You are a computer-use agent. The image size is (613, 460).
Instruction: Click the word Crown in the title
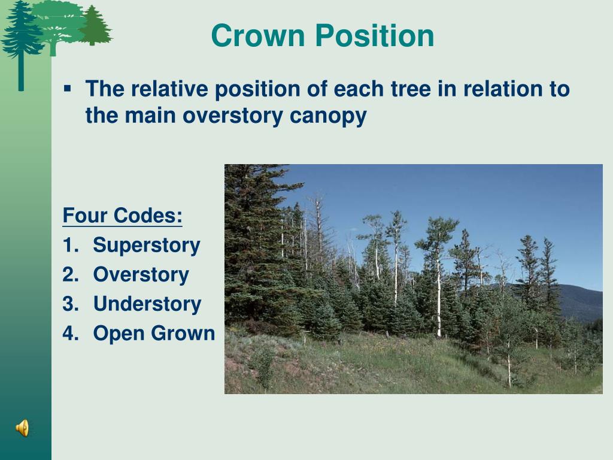pyautogui.click(x=258, y=35)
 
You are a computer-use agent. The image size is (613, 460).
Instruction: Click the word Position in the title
pyautogui.click(x=375, y=35)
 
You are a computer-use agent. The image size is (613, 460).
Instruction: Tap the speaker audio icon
pyautogui.click(x=22, y=428)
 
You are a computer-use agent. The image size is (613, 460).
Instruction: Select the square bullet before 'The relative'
pyautogui.click(x=68, y=89)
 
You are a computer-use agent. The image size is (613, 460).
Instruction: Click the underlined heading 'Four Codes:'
pyautogui.click(x=122, y=215)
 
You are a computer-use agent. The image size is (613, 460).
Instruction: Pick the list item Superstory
pyautogui.click(x=147, y=246)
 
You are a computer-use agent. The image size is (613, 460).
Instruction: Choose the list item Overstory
pyautogui.click(x=141, y=274)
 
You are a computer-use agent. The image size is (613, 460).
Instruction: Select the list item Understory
pyautogui.click(x=147, y=304)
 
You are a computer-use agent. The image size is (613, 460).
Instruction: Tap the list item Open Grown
pyautogui.click(x=154, y=333)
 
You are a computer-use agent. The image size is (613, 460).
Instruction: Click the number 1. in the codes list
pyautogui.click(x=71, y=245)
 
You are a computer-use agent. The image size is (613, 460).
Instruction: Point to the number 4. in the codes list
pyautogui.click(x=71, y=333)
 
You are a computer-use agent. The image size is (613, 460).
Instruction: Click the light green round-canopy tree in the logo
pyautogui.click(x=59, y=24)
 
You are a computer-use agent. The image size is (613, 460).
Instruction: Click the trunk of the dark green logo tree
pyautogui.click(x=21, y=71)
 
